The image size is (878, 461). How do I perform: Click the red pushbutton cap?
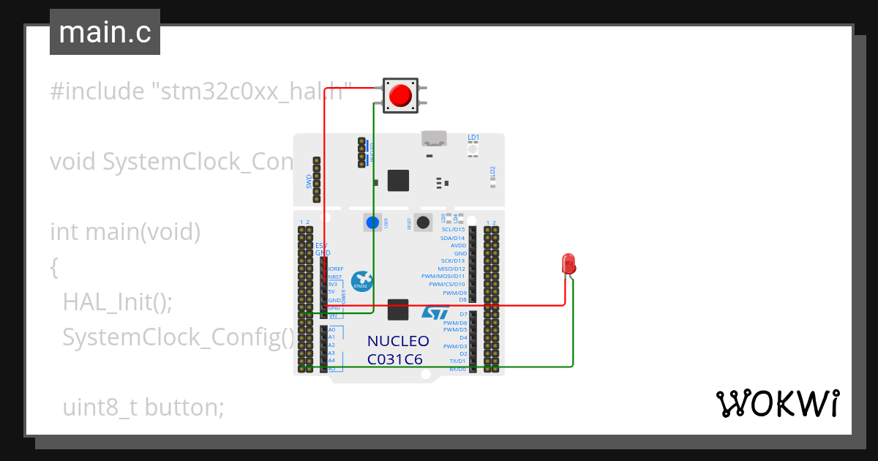tap(399, 96)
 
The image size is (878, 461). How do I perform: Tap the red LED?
tap(568, 264)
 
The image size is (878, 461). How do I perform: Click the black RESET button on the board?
tap(422, 222)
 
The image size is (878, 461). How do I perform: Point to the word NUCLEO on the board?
tap(398, 341)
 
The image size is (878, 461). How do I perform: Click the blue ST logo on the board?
tap(435, 312)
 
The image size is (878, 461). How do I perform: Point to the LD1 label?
tap(473, 138)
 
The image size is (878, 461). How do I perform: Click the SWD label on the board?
tap(309, 180)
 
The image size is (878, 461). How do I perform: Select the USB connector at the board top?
tap(434, 138)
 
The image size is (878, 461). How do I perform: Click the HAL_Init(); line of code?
tap(117, 301)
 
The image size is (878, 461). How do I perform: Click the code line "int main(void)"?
tap(125, 232)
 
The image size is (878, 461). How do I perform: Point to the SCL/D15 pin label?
tap(453, 230)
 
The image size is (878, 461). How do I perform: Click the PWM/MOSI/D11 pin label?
tap(443, 277)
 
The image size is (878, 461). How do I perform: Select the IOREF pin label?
tap(337, 269)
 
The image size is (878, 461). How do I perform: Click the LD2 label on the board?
tap(492, 173)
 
